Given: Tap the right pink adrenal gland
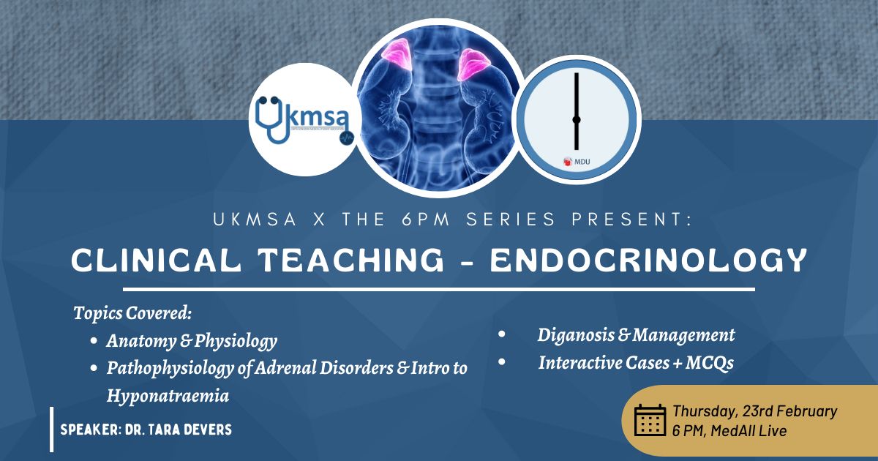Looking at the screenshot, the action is [473, 64].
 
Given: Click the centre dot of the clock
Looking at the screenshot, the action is [577, 119].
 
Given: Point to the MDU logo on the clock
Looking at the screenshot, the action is [577, 162].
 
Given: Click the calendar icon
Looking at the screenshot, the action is [650, 420].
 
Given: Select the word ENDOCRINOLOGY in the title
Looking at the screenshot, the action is [648, 261].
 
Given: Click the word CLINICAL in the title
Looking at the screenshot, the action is [156, 261].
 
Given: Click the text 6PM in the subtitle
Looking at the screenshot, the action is [426, 219].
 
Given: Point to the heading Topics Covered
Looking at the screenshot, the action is [132, 313].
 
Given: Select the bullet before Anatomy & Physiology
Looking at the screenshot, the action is [94, 341].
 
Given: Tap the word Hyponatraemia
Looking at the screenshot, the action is [168, 396].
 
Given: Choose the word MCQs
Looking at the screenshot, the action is [710, 363].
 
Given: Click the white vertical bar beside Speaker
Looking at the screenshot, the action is [52, 430].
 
